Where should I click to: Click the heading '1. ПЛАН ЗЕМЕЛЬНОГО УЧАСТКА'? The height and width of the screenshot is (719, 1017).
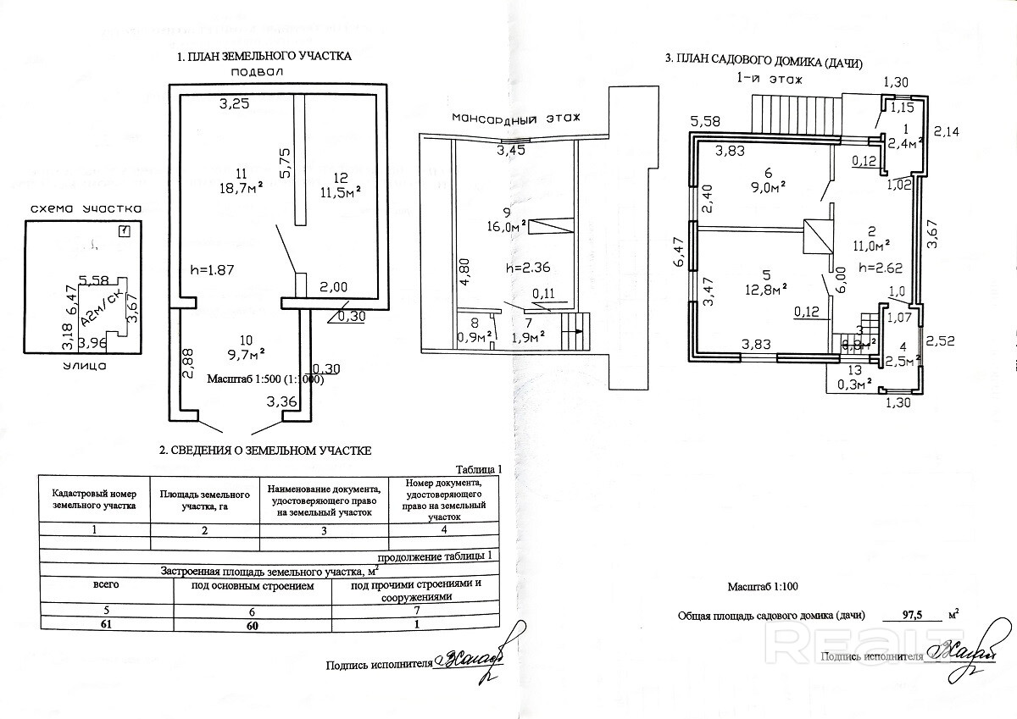coord(264,57)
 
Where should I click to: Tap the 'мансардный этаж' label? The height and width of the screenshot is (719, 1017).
coord(516,117)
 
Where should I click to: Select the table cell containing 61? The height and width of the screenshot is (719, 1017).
coord(106,623)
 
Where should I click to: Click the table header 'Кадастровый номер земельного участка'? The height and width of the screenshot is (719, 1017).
coord(94,500)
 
